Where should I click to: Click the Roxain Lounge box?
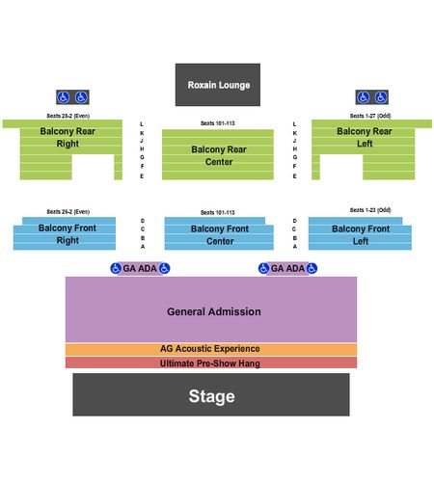click(x=218, y=85)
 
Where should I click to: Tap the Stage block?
click(x=211, y=394)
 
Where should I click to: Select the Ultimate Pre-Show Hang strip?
click(x=211, y=362)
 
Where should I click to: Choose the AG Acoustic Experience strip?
click(x=211, y=349)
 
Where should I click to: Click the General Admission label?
click(x=214, y=311)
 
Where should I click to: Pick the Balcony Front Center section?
click(x=219, y=233)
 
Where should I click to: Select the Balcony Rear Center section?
click(x=218, y=154)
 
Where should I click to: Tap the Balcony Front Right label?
click(x=68, y=234)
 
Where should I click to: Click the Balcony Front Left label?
click(x=361, y=235)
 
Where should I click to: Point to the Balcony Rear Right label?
click(x=68, y=137)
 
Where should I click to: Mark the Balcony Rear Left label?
click(x=365, y=137)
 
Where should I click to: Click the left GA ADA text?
click(x=140, y=268)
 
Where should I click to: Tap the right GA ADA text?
click(x=287, y=268)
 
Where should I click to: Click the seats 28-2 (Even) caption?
click(x=68, y=116)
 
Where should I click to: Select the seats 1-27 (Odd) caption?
click(x=370, y=116)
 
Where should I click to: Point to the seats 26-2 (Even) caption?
click(x=68, y=211)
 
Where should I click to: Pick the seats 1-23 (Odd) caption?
click(x=370, y=210)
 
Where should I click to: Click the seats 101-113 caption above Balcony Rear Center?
click(x=218, y=123)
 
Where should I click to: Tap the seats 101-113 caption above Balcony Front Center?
click(x=218, y=212)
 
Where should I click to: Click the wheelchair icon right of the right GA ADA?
click(x=312, y=268)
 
